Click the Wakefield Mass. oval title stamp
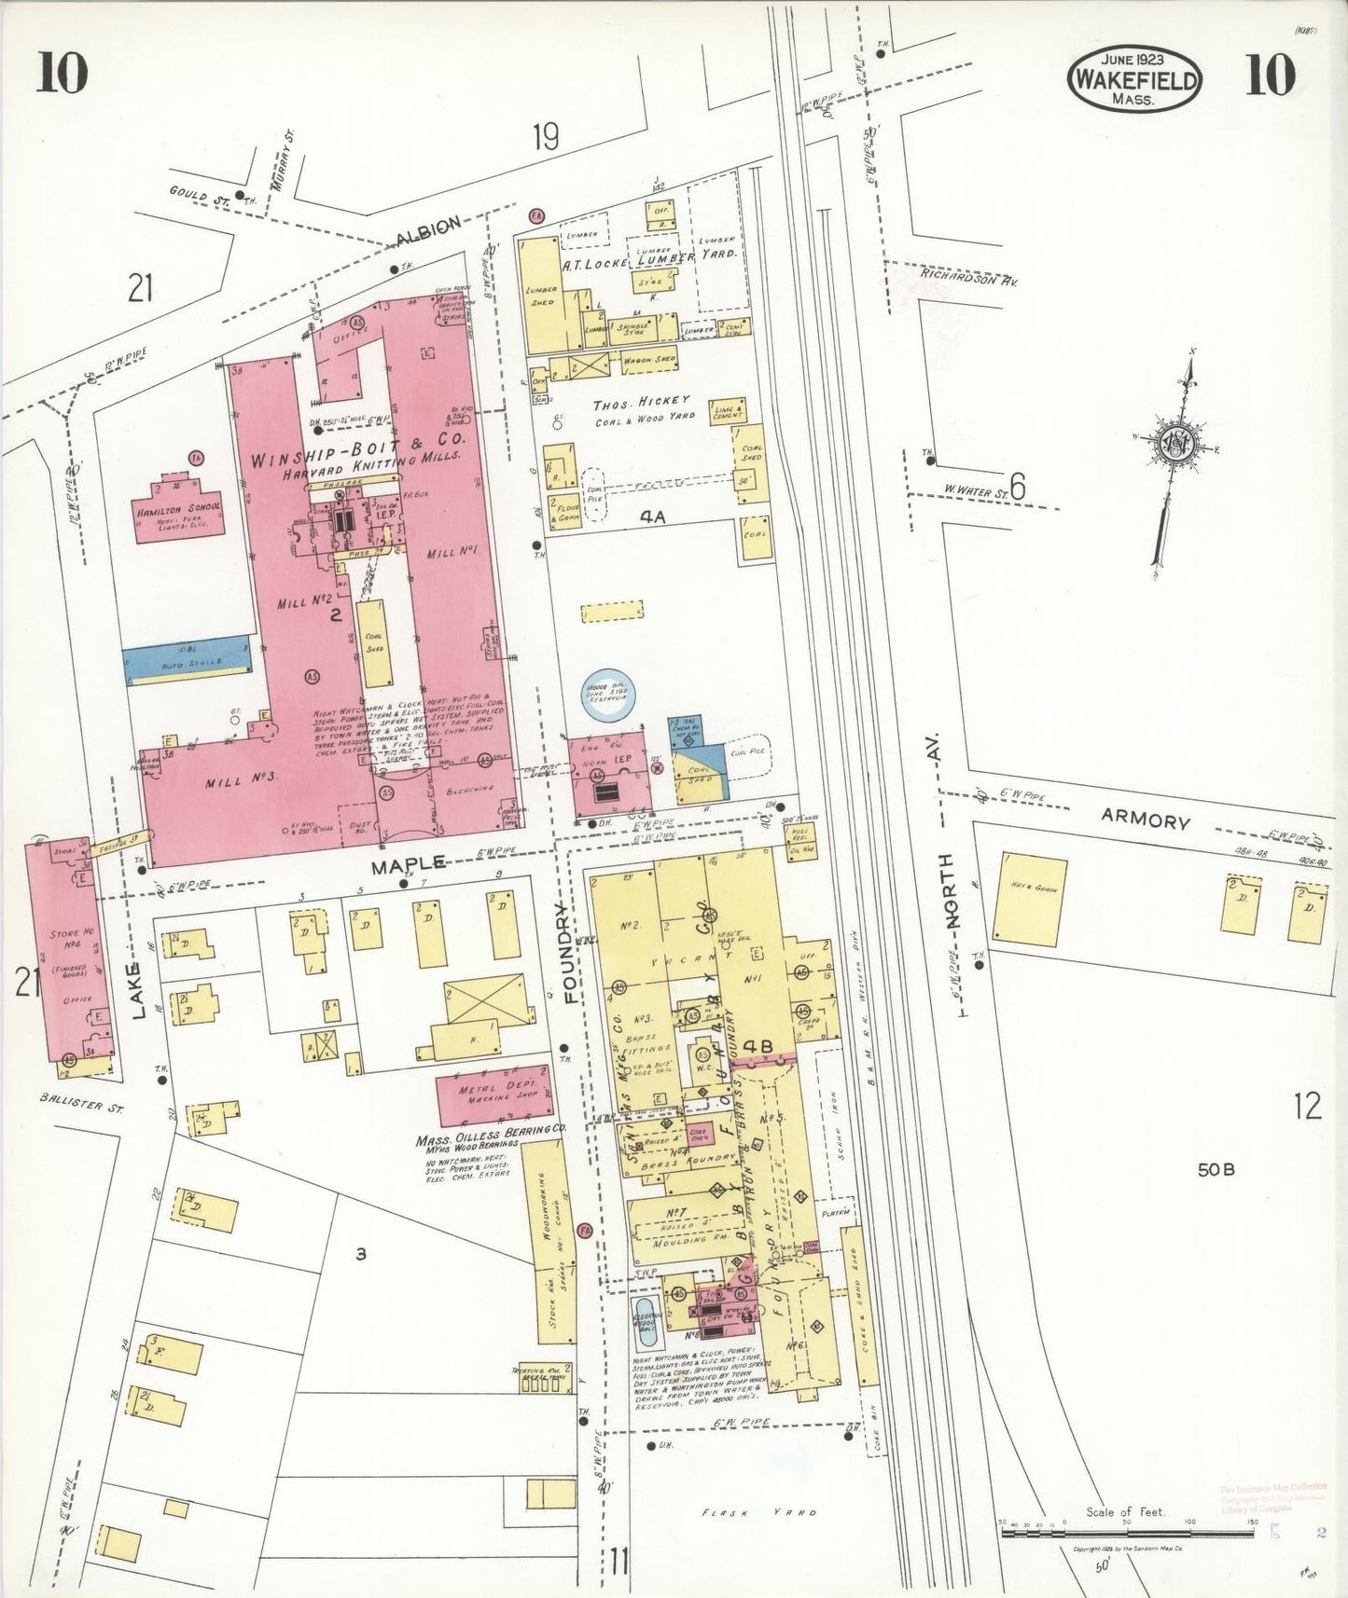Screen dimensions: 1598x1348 pyautogui.click(x=1134, y=79)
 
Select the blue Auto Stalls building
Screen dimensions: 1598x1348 pyautogui.click(x=188, y=654)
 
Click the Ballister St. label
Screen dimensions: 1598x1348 pyautogui.click(x=83, y=1104)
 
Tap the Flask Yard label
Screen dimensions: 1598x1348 pyautogui.click(x=759, y=1512)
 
